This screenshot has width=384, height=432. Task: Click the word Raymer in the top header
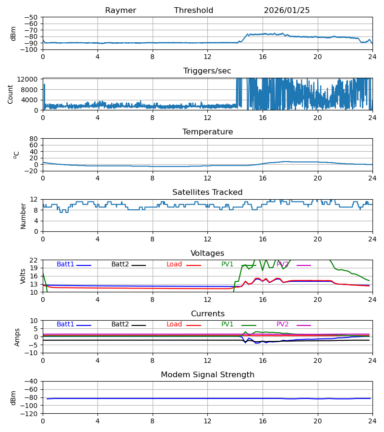(120, 11)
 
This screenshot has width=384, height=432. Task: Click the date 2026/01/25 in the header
(287, 11)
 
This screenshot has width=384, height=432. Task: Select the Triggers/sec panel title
(207, 71)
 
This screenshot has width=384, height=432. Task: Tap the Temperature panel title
(207, 132)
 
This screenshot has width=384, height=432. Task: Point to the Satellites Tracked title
(207, 192)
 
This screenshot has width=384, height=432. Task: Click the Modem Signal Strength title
(207, 375)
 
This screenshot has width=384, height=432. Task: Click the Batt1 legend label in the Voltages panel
(65, 264)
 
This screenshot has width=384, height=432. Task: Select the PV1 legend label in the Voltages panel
(227, 264)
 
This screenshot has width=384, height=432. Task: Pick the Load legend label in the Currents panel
(174, 324)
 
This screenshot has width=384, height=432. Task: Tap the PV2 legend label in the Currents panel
(282, 324)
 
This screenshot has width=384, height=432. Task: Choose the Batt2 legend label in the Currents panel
(120, 324)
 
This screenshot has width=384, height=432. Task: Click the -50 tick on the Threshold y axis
(32, 17)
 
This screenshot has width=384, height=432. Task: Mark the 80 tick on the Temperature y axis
(34, 139)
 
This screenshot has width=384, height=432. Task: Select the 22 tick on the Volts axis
(34, 260)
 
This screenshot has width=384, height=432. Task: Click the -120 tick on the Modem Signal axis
(30, 413)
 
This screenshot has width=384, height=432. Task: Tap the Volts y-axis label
(23, 276)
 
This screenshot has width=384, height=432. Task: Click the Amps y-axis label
(17, 337)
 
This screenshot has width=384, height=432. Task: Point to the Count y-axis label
(11, 94)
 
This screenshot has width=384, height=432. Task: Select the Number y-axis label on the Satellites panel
(23, 216)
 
